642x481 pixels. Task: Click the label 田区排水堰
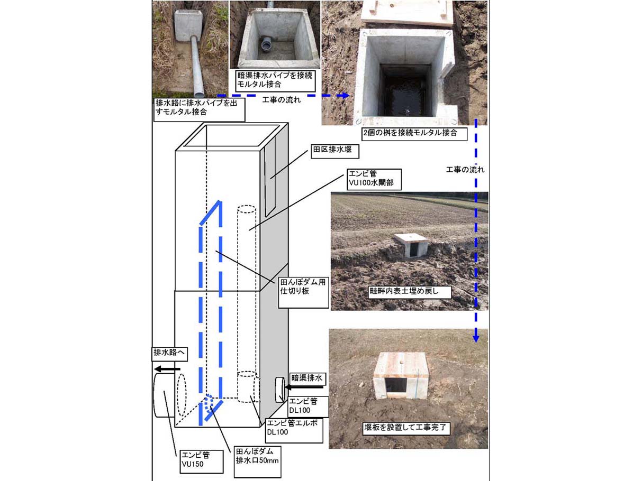(334, 151)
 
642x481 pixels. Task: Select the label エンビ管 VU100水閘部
(374, 179)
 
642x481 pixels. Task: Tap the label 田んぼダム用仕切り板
(303, 292)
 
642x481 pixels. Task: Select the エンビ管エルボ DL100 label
(294, 430)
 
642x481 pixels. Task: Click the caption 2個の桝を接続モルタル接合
(414, 134)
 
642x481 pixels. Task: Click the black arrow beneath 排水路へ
(167, 369)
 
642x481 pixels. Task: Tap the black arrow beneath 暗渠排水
(304, 387)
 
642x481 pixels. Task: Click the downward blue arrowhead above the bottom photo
(476, 338)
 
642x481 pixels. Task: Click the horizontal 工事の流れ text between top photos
(282, 100)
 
